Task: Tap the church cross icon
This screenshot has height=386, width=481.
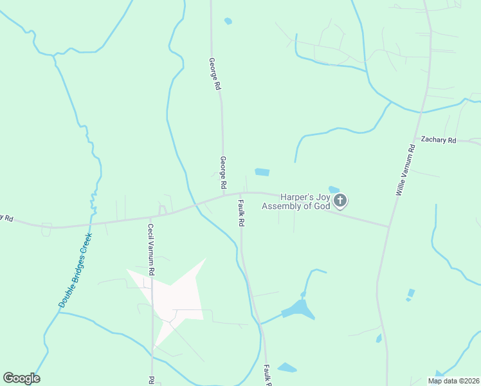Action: coord(341,201)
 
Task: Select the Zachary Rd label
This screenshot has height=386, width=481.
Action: coord(438,140)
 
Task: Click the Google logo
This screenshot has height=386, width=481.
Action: coord(21,378)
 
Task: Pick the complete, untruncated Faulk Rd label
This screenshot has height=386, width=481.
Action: coord(242,212)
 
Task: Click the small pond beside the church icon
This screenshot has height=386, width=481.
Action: coord(334,189)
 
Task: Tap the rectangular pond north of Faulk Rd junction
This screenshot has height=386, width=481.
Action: coord(262,172)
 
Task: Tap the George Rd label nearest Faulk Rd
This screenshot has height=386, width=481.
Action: coord(223,172)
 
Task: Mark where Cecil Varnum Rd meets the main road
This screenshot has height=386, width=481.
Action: coord(151,216)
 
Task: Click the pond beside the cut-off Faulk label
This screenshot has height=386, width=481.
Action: coord(287,368)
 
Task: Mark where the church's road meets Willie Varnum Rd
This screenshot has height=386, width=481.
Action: coord(389,226)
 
